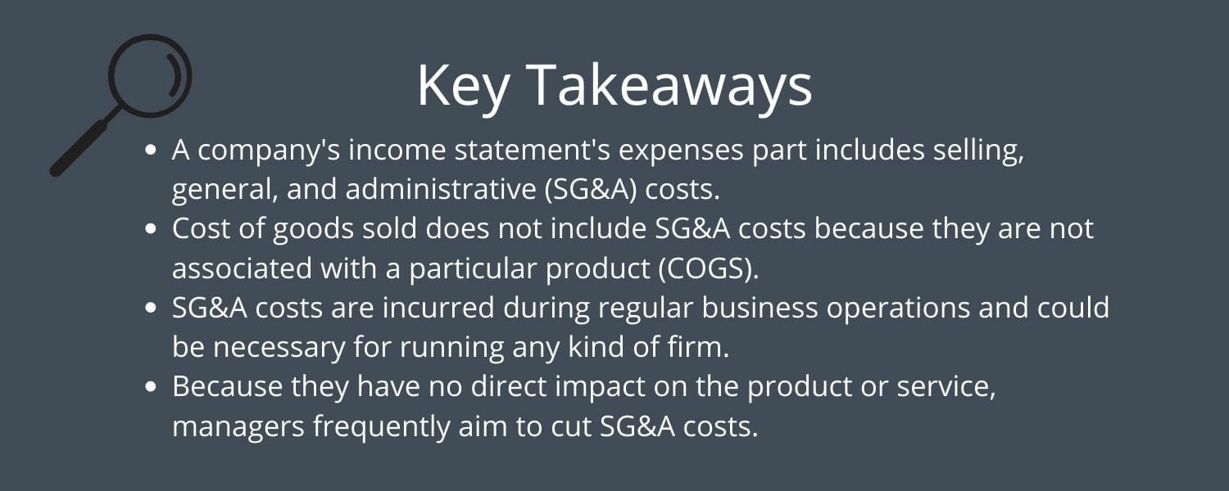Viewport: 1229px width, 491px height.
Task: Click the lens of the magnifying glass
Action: coord(150,76)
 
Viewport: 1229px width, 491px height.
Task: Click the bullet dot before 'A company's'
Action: coord(150,151)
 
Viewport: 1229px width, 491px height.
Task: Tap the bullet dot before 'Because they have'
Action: coord(150,387)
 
